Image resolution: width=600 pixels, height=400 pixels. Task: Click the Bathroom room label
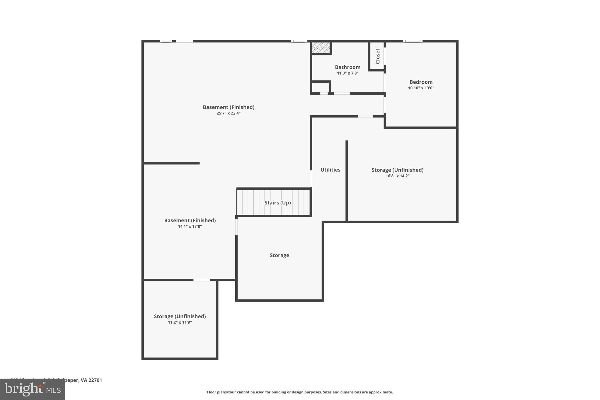tap(347, 67)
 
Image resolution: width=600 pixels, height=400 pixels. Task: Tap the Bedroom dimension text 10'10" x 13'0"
tap(421, 88)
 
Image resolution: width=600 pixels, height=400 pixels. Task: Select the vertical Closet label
tap(378, 56)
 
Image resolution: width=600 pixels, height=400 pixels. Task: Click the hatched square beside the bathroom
tap(321, 48)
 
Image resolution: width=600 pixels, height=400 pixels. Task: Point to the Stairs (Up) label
tap(277, 202)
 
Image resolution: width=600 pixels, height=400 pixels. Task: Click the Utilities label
tap(330, 170)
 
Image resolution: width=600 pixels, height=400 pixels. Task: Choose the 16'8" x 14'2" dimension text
tap(397, 176)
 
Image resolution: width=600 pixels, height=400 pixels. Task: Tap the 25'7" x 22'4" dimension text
tap(228, 113)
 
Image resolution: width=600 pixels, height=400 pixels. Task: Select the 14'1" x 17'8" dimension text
tap(190, 226)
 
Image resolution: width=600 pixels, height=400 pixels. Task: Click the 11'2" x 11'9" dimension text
tap(180, 322)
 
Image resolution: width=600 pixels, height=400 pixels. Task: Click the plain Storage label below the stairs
tap(279, 255)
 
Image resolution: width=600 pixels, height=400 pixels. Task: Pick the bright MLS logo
tap(33, 389)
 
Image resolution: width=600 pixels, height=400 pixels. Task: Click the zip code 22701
tap(95, 380)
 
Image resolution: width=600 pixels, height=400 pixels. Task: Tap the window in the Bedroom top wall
tap(412, 41)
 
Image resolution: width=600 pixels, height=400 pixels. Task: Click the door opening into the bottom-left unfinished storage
tap(202, 280)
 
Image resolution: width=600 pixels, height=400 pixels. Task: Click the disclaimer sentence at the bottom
tap(300, 392)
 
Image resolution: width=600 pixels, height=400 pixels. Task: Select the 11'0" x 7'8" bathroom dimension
tap(347, 73)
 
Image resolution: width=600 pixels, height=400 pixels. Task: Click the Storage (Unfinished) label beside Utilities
tap(397, 170)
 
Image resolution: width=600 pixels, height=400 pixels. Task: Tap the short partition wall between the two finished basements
tap(171, 163)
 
